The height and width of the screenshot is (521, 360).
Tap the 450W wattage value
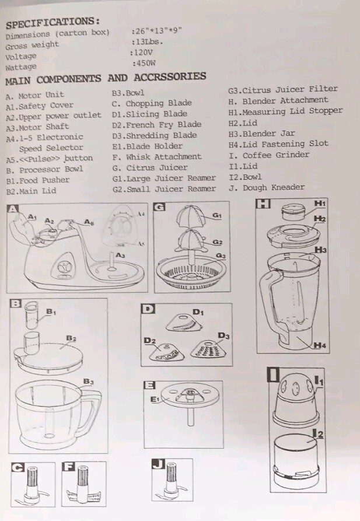[x=146, y=63]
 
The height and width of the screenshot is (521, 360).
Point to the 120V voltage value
[x=144, y=52]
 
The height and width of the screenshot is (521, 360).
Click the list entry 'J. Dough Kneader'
[x=266, y=187]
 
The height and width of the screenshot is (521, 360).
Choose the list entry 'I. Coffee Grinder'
[x=268, y=155]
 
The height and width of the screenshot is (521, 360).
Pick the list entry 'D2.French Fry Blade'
[x=156, y=124]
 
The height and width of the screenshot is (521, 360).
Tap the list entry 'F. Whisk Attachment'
[x=156, y=156]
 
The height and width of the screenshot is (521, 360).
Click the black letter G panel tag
[x=159, y=207]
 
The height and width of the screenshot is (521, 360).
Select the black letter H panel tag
[x=264, y=204]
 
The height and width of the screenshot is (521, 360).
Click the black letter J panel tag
[x=158, y=464]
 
